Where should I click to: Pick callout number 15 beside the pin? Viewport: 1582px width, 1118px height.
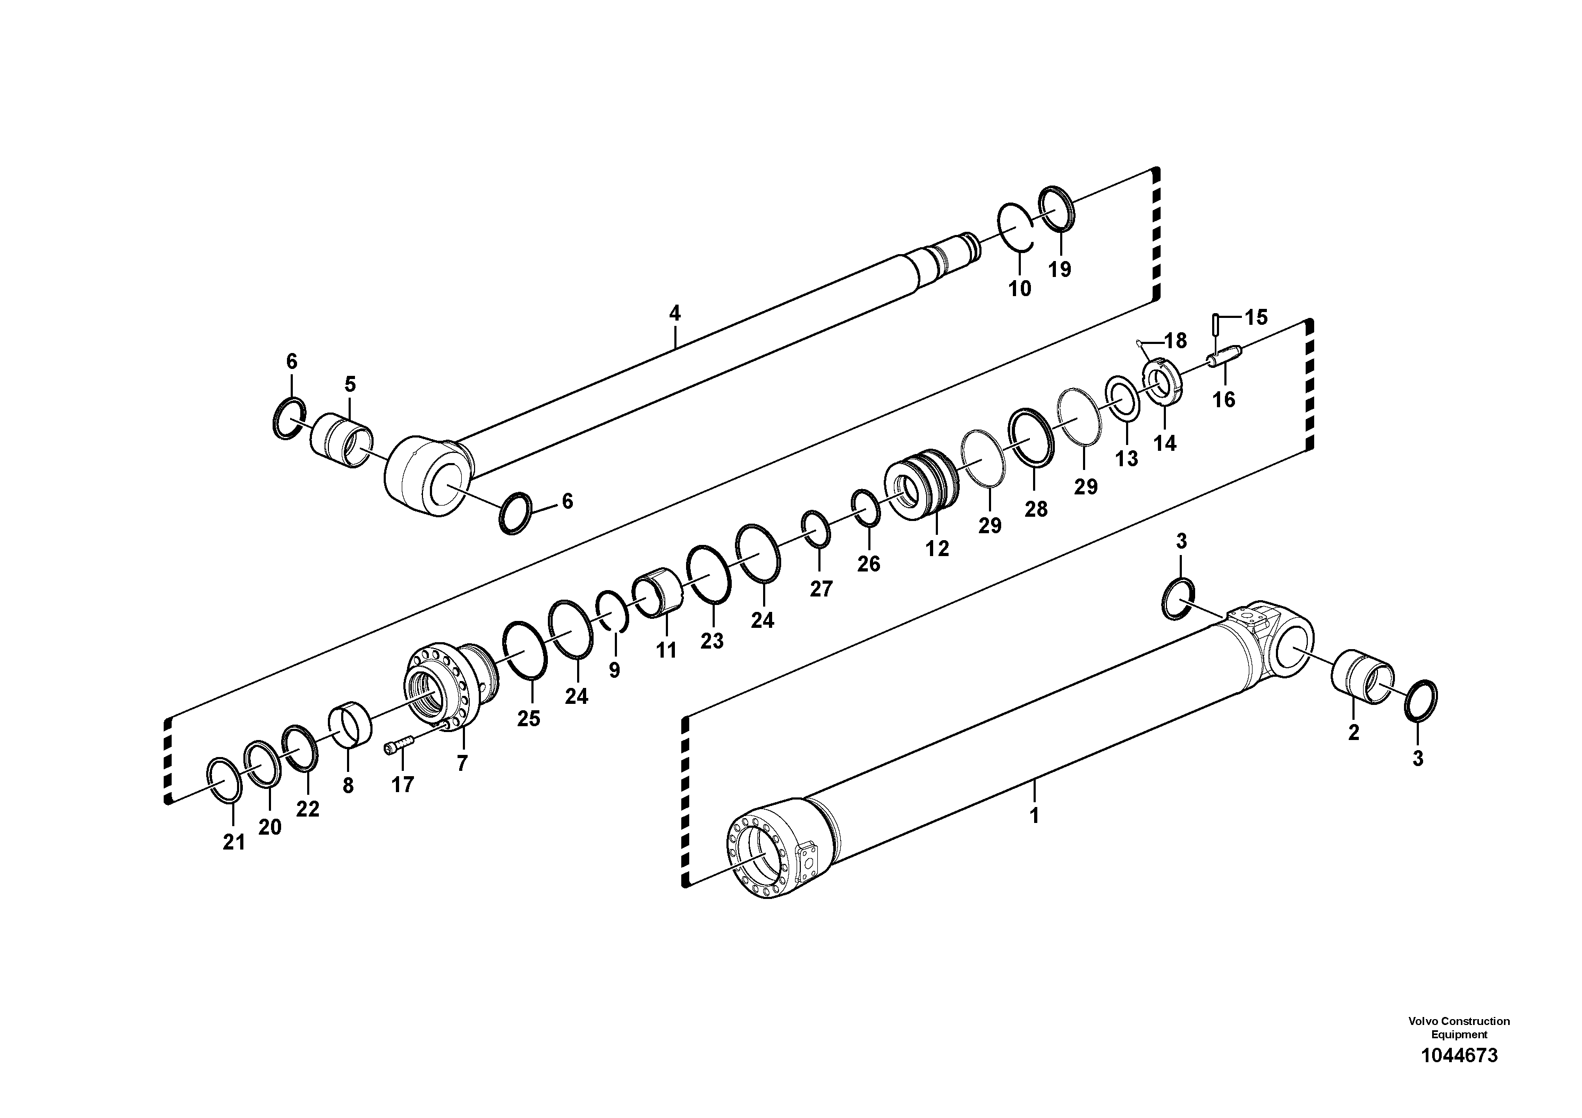coord(1256,318)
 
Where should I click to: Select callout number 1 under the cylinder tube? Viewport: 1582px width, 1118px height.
coord(1034,816)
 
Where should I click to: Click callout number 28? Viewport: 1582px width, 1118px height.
coord(1036,509)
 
